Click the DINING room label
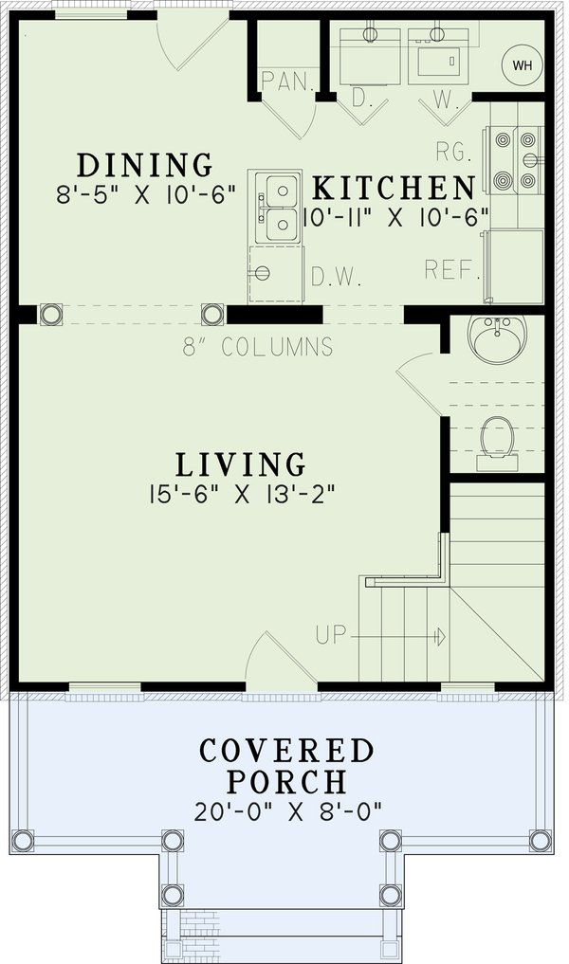[x=144, y=164]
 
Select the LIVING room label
[x=241, y=464]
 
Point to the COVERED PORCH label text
[x=286, y=766]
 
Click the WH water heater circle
[x=521, y=65]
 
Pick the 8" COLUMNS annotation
[x=258, y=347]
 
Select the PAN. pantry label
[x=288, y=82]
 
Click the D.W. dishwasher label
[x=332, y=278]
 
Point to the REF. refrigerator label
[x=450, y=270]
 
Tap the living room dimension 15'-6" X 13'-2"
[x=242, y=494]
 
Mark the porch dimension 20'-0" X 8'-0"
[x=286, y=812]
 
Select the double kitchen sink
[x=275, y=209]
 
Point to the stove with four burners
[x=515, y=161]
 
